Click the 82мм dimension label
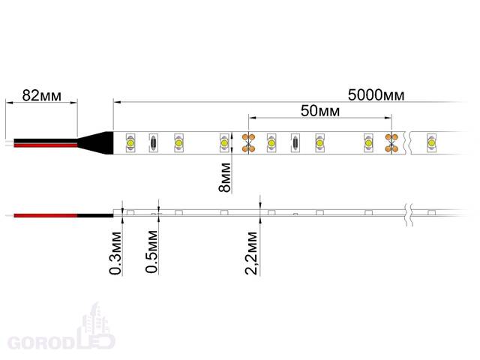coord(42,95)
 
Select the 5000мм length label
coord(376,95)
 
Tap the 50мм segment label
coord(320,110)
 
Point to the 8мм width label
coord(225,177)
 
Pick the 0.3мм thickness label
coord(115,253)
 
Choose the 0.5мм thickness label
coord(151,252)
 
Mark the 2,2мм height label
coord(251,253)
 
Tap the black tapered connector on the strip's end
coord(97,142)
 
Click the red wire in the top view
coord(45,145)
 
